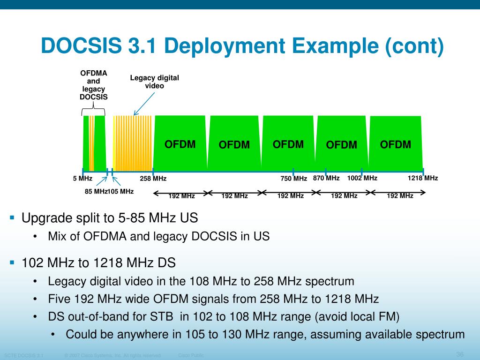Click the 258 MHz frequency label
point(153,179)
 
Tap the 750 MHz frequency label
point(294,179)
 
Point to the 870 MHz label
point(326,178)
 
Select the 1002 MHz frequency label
point(362,178)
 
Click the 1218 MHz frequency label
point(423,178)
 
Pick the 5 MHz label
point(82,179)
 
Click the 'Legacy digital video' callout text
point(154,82)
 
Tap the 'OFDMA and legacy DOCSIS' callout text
point(94,85)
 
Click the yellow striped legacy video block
point(133,143)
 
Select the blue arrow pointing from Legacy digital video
point(144,103)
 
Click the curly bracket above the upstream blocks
point(93,112)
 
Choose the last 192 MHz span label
point(400,196)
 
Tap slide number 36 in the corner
point(460,354)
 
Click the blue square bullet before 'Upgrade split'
point(13,217)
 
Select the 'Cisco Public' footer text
point(191,355)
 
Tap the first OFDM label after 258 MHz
point(180,144)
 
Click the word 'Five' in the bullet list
point(59,299)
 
